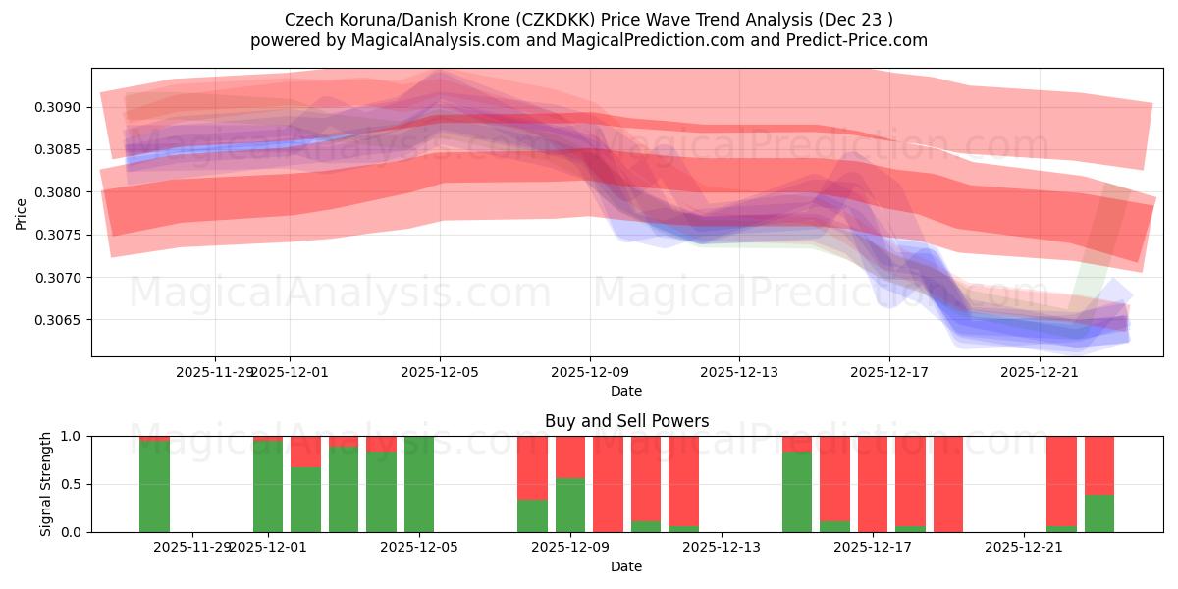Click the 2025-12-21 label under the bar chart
(1024, 548)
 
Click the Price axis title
(22, 213)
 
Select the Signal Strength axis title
(46, 484)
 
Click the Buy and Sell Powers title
(627, 421)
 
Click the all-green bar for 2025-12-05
(419, 484)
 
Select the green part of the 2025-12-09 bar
(570, 506)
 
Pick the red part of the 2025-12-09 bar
(570, 456)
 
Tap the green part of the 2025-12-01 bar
(268, 487)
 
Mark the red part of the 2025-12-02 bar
(306, 452)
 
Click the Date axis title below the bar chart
(627, 567)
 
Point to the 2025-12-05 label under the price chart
(440, 373)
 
